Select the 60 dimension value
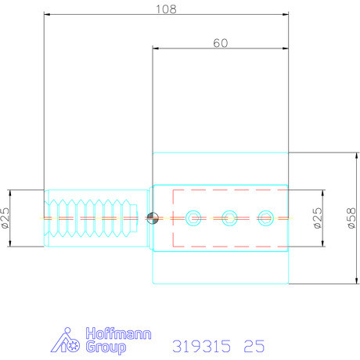220,43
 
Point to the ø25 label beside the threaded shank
7,218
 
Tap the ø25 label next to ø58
318,218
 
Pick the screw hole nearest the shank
192,216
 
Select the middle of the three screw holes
229,216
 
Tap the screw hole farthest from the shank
266,216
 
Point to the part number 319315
200,344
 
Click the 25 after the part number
254,344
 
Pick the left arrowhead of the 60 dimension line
156,49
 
